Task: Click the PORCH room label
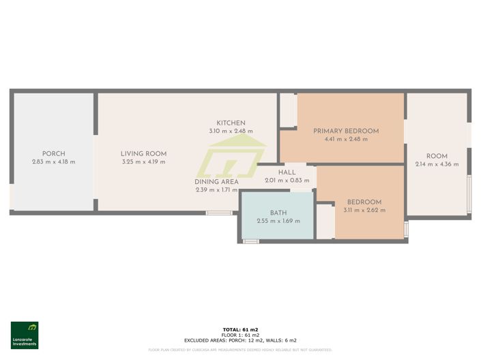click(x=53, y=153)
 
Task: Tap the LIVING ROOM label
click(x=143, y=153)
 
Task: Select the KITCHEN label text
click(x=231, y=123)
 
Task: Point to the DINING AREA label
click(x=216, y=182)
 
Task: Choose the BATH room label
click(x=278, y=212)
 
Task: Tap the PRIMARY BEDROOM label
click(x=346, y=131)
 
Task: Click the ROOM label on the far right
click(x=437, y=156)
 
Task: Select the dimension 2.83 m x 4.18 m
click(x=53, y=162)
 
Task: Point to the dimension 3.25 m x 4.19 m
click(x=143, y=162)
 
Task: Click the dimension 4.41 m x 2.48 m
click(x=346, y=139)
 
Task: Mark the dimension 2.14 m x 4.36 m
click(x=437, y=164)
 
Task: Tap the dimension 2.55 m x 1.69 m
click(x=278, y=220)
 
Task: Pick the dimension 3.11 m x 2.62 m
click(x=364, y=210)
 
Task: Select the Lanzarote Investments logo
click(x=25, y=335)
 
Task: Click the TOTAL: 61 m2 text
click(x=240, y=329)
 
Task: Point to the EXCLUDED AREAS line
click(x=240, y=340)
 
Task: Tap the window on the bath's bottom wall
click(x=251, y=241)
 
